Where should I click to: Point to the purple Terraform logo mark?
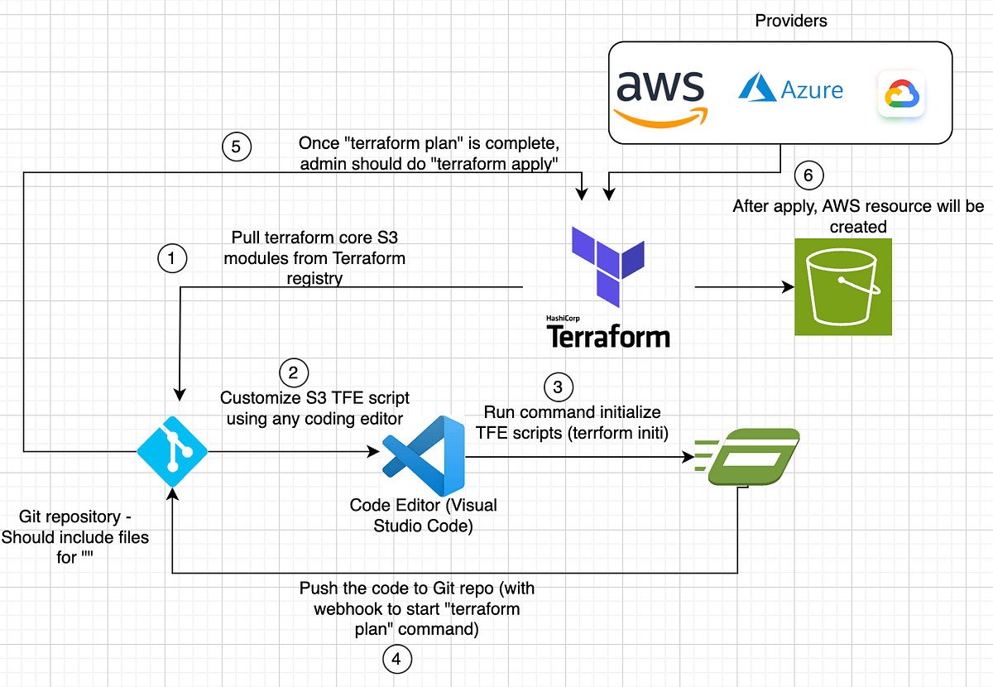(x=607, y=264)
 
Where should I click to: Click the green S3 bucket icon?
(x=843, y=286)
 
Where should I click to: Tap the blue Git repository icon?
(x=172, y=451)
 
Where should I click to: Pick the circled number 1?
(x=171, y=259)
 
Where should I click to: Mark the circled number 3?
(x=558, y=387)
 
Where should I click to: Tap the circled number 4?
(x=396, y=660)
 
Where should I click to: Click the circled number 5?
(x=237, y=147)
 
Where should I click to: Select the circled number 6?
(x=808, y=175)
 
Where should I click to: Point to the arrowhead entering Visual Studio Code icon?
(x=373, y=452)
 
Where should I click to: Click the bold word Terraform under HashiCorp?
(x=608, y=337)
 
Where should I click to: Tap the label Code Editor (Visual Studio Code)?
(x=423, y=516)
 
